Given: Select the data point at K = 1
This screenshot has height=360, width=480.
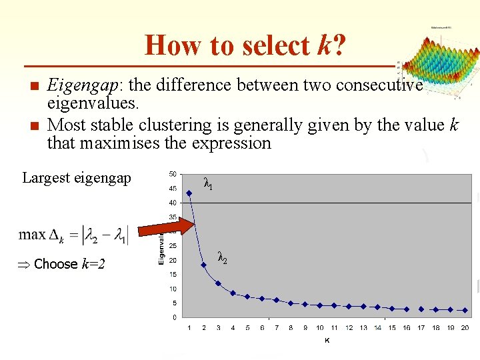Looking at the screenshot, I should click(189, 193).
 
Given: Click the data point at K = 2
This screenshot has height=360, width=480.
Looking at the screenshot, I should click(204, 265).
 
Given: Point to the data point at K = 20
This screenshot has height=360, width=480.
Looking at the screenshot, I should click(465, 310).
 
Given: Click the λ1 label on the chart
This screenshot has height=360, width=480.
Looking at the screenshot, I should click(208, 185).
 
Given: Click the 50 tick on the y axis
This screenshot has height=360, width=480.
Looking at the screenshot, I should click(172, 174).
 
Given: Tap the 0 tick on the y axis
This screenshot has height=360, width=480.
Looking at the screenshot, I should click(174, 317).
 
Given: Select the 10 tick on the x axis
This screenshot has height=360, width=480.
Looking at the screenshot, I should click(320, 328).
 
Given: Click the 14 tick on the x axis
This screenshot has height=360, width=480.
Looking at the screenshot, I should click(378, 328).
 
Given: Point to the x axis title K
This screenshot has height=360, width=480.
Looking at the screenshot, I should click(327, 340).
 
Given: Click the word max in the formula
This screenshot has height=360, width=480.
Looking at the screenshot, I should click(32, 235).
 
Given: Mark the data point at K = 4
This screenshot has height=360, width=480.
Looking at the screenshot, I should click(233, 293).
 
